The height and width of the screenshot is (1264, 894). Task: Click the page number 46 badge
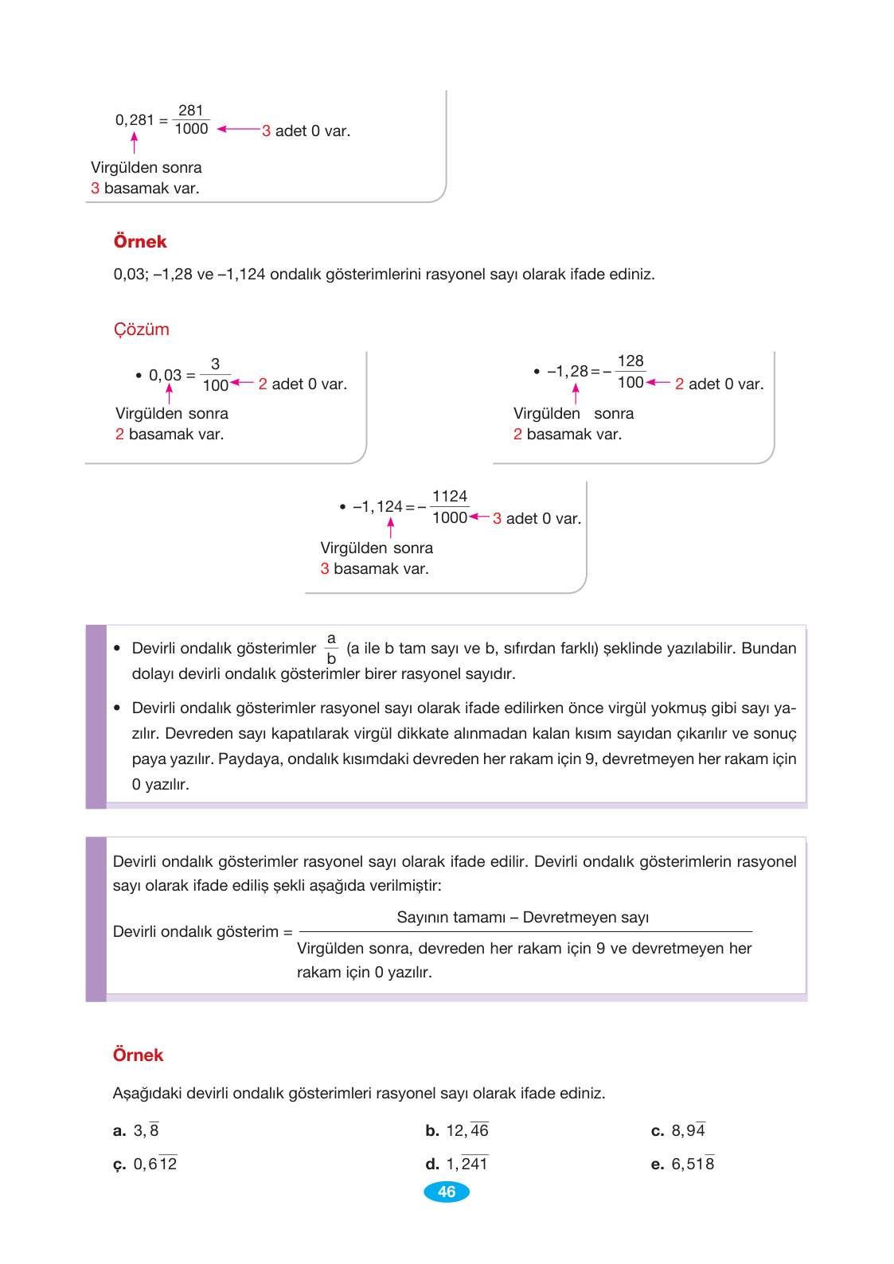447,1192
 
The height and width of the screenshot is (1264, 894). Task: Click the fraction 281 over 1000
191,120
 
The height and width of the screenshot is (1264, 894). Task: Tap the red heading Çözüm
141,330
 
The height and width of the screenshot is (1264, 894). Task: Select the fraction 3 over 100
215,375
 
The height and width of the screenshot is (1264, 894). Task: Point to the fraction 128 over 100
630,372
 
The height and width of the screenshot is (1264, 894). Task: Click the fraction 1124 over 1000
450,507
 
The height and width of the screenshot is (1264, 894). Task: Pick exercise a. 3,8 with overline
137,1131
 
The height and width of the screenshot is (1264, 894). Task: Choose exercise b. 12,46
457,1131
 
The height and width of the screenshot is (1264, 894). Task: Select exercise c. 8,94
678,1131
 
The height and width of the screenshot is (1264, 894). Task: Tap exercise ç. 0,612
146,1165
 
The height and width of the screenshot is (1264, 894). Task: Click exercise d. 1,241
457,1165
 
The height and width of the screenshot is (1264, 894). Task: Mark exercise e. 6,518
683,1165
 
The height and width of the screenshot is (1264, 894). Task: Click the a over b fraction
331,649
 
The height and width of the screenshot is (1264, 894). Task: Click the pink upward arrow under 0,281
134,142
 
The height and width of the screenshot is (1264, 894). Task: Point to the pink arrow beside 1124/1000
479,517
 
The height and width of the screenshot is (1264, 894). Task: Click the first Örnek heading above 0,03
140,242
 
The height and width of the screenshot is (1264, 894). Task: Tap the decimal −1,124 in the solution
378,507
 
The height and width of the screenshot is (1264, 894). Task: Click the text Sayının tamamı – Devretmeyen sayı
522,918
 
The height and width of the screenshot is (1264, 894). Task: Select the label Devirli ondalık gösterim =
202,932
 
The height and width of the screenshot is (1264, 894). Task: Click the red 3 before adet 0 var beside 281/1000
266,131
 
